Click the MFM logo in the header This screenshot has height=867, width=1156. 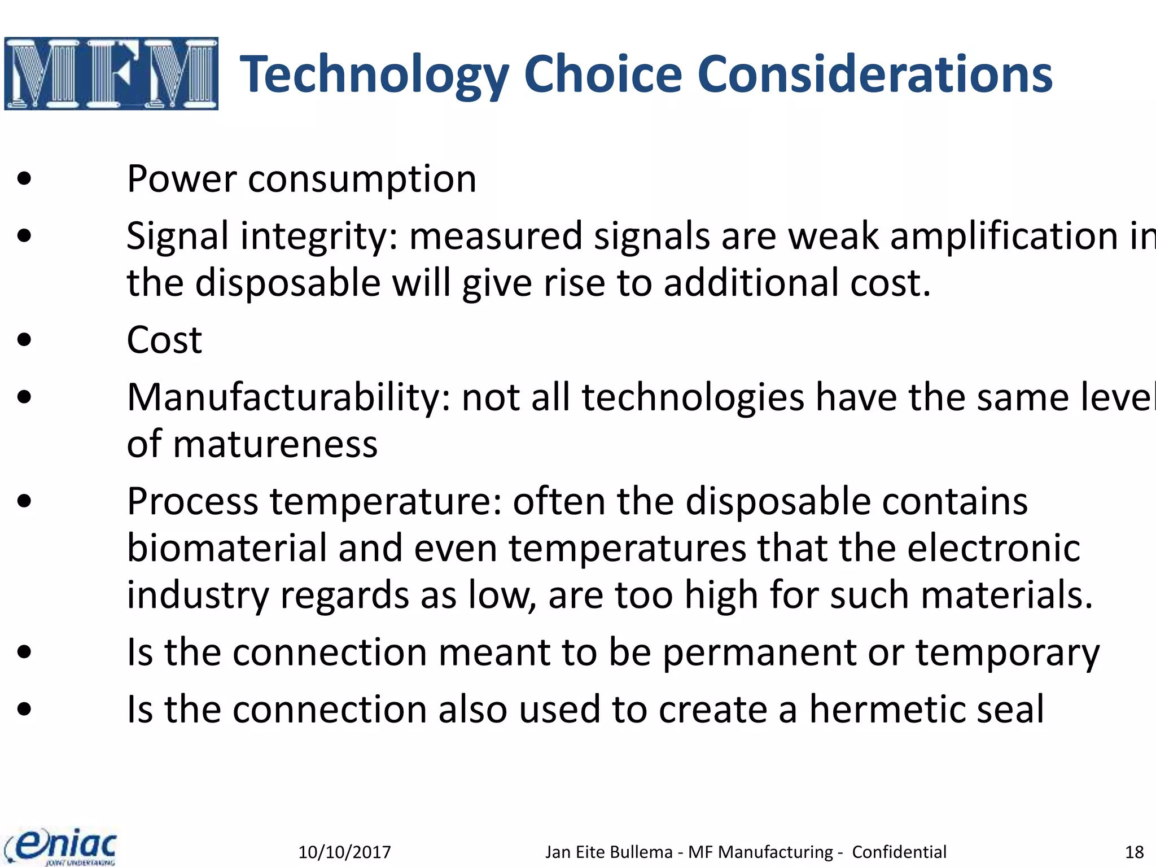tap(111, 73)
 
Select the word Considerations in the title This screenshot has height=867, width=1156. tap(875, 75)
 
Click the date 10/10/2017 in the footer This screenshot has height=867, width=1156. tap(344, 852)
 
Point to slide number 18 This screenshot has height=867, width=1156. tap(1134, 852)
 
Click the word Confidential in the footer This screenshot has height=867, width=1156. tap(899, 852)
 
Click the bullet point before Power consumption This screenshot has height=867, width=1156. tap(24, 179)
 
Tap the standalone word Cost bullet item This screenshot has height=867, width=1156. tap(164, 340)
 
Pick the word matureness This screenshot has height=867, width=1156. tap(275, 444)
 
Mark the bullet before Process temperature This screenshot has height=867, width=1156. tap(24, 501)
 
